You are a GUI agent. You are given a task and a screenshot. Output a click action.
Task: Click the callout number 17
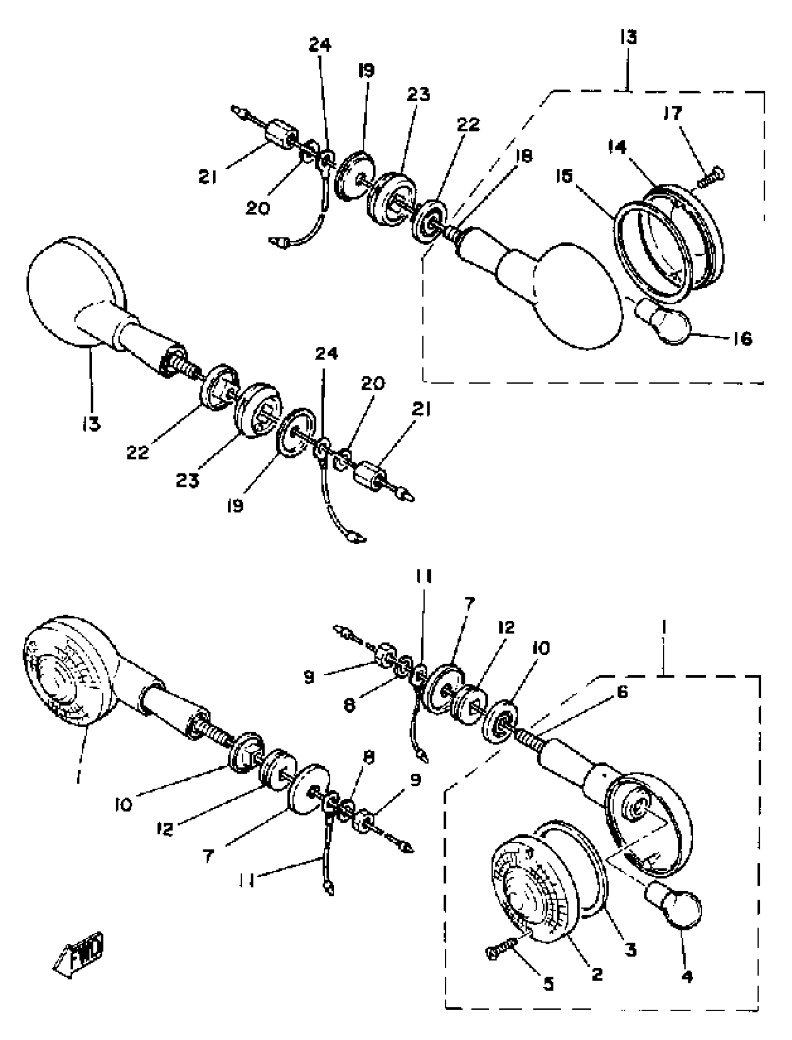click(673, 113)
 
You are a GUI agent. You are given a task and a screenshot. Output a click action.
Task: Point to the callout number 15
click(564, 177)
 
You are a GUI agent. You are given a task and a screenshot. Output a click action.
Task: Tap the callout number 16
click(743, 338)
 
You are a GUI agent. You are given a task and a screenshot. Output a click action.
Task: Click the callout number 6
click(622, 692)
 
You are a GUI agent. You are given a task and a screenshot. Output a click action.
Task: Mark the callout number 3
click(631, 949)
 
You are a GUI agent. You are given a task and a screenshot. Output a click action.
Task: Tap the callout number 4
click(688, 975)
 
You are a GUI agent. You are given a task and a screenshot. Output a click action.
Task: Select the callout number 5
click(548, 984)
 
